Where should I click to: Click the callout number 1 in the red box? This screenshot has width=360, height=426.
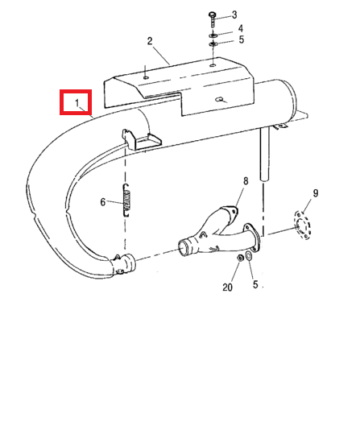coord(77,103)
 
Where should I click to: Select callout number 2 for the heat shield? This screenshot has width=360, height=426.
coord(150,41)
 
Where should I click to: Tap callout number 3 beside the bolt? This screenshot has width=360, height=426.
coord(234,14)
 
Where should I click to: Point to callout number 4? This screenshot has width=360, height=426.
coord(241,28)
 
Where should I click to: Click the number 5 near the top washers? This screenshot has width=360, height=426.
coord(242,39)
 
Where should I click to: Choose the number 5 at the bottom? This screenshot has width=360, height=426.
coord(255,284)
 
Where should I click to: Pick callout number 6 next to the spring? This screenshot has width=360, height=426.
coord(103,202)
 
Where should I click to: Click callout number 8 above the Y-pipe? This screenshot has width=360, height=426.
coord(246,181)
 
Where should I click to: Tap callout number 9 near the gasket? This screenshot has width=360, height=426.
coord(315,193)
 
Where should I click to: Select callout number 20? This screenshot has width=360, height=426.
coord(227,287)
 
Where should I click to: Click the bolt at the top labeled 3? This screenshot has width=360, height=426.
coord(213,19)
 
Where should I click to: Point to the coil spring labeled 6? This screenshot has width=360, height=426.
coord(126,201)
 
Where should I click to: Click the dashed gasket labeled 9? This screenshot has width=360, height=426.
coord(302,225)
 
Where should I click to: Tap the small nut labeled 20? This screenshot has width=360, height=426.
coord(240,258)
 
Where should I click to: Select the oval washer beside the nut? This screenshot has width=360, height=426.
coord(248,255)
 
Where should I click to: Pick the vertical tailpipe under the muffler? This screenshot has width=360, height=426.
coord(264,154)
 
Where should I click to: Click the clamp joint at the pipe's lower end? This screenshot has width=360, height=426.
coord(122,264)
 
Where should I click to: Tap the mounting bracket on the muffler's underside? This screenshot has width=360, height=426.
coord(141,139)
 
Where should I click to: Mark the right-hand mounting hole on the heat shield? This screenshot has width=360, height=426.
coord(213,65)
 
